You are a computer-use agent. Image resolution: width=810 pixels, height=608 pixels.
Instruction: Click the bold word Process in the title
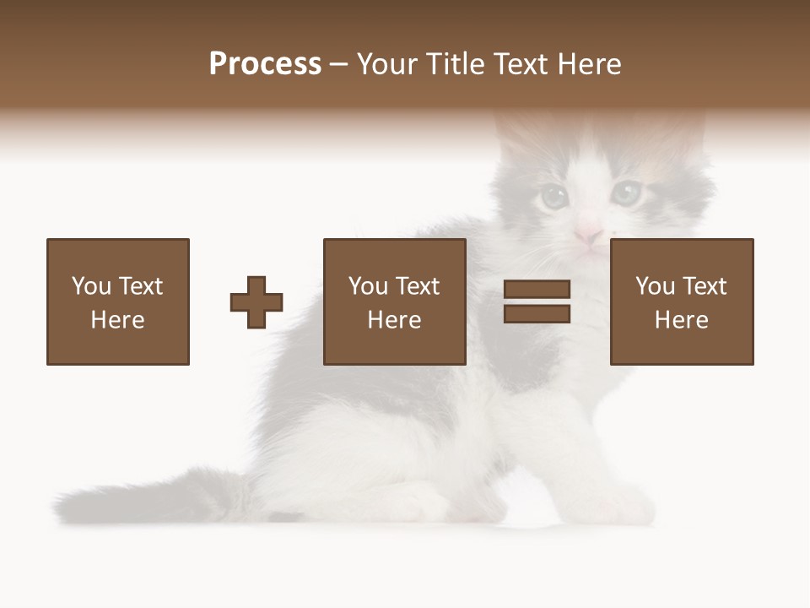265,64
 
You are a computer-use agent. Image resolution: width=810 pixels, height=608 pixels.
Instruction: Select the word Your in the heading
387,64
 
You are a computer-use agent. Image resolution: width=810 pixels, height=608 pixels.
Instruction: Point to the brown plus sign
256,302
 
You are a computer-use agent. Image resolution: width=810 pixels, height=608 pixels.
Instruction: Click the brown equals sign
537,301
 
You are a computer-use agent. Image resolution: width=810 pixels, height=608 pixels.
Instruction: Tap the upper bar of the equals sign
537,290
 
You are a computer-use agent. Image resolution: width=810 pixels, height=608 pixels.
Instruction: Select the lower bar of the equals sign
537,314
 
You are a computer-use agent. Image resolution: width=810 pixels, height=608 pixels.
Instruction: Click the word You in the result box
654,286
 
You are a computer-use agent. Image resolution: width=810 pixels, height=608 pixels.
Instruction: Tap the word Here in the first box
117,320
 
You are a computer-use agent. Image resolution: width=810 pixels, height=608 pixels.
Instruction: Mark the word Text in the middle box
417,286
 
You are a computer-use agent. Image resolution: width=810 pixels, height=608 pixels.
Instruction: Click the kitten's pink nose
588,233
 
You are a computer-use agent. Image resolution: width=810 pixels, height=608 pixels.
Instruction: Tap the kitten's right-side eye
625,193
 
